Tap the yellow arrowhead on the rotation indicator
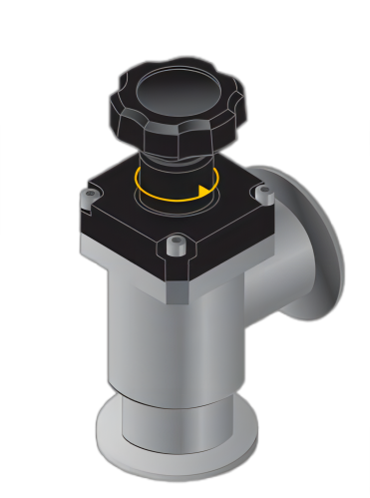coord(206,189)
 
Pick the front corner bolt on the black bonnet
coord(177,245)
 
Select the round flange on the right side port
coord(319,249)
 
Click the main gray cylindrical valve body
coord(160,339)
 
